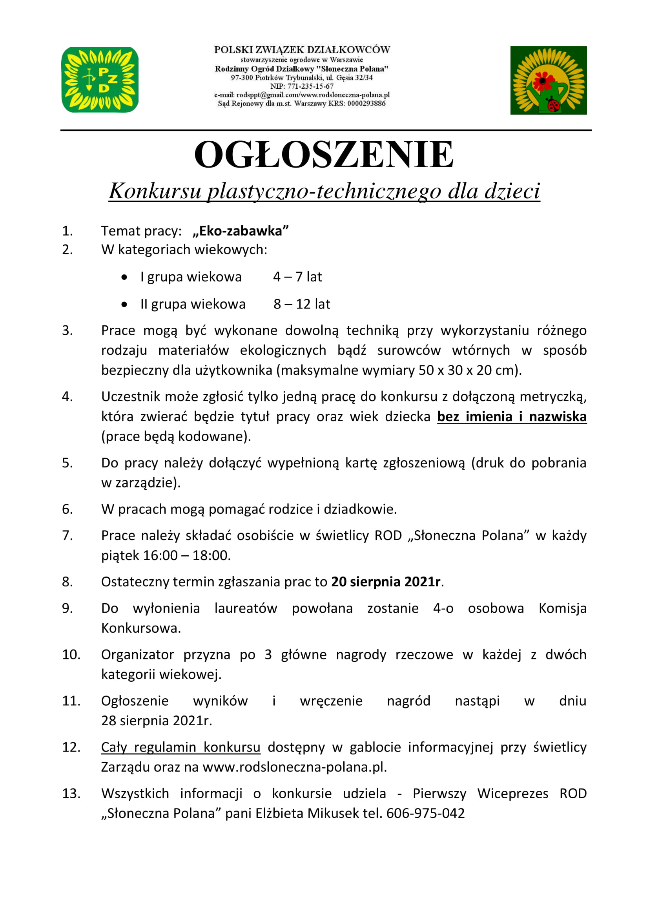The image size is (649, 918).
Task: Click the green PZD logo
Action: coord(100,80)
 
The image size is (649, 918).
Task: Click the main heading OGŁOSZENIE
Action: coord(324,155)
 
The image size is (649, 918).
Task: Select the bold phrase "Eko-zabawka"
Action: coord(241,231)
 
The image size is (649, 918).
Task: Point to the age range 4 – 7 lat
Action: coord(297,277)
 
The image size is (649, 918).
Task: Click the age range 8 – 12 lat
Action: coord(302,304)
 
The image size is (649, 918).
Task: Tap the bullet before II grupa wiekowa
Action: coord(124,304)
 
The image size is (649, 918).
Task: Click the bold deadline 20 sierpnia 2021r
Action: coord(386,582)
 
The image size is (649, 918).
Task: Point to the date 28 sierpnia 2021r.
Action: coord(156,721)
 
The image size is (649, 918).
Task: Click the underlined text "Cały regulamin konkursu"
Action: coord(180,747)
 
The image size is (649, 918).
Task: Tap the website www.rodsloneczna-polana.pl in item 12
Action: coord(294,767)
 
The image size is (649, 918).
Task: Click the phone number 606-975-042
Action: coord(426,813)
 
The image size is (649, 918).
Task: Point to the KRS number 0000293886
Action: coord(366,104)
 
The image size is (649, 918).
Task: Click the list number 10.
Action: coord(71,655)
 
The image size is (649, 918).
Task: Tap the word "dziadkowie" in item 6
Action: coord(360,509)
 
